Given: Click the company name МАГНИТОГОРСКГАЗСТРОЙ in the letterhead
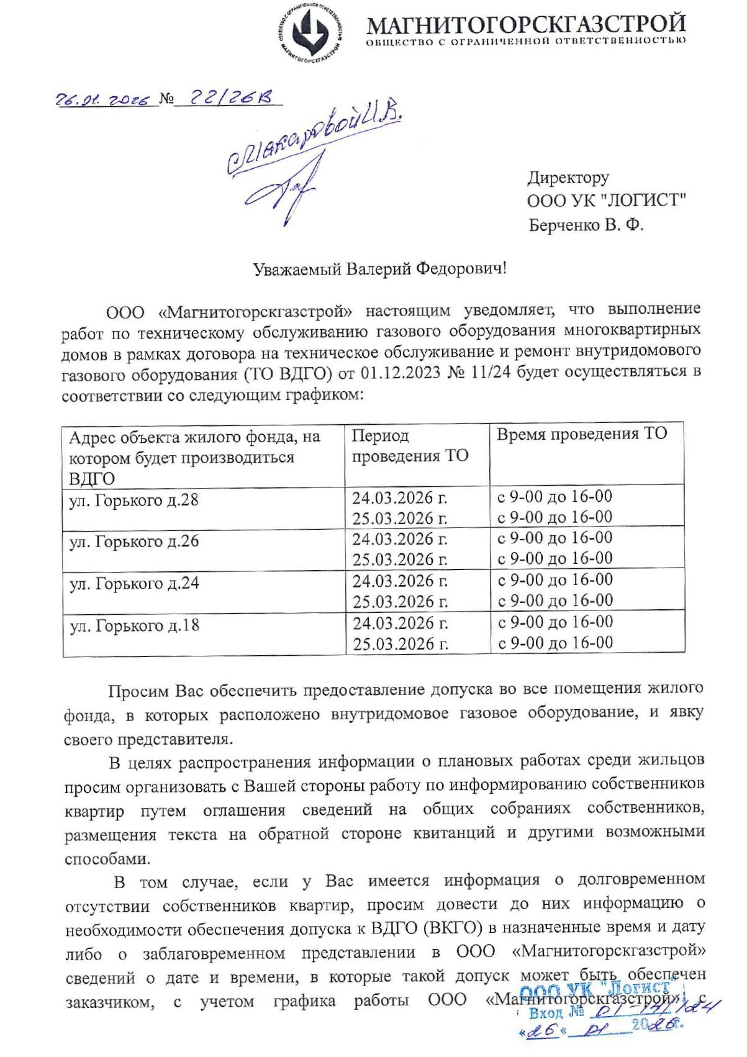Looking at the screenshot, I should [x=525, y=24].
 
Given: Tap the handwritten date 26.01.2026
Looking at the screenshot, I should [x=103, y=100].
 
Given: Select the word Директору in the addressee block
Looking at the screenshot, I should [x=568, y=178].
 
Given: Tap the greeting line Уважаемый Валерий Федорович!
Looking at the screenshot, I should [x=379, y=269].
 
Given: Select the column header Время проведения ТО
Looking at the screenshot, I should [x=581, y=434].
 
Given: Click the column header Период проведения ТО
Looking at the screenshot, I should [x=410, y=446].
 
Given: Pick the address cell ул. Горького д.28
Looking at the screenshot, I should [x=134, y=501].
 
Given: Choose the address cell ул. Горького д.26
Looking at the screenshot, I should [x=134, y=542].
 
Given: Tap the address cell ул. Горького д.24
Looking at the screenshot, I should [x=134, y=584].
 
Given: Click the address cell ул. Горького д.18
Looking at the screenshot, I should [x=134, y=625].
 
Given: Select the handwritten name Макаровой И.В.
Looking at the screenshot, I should [x=314, y=140].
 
